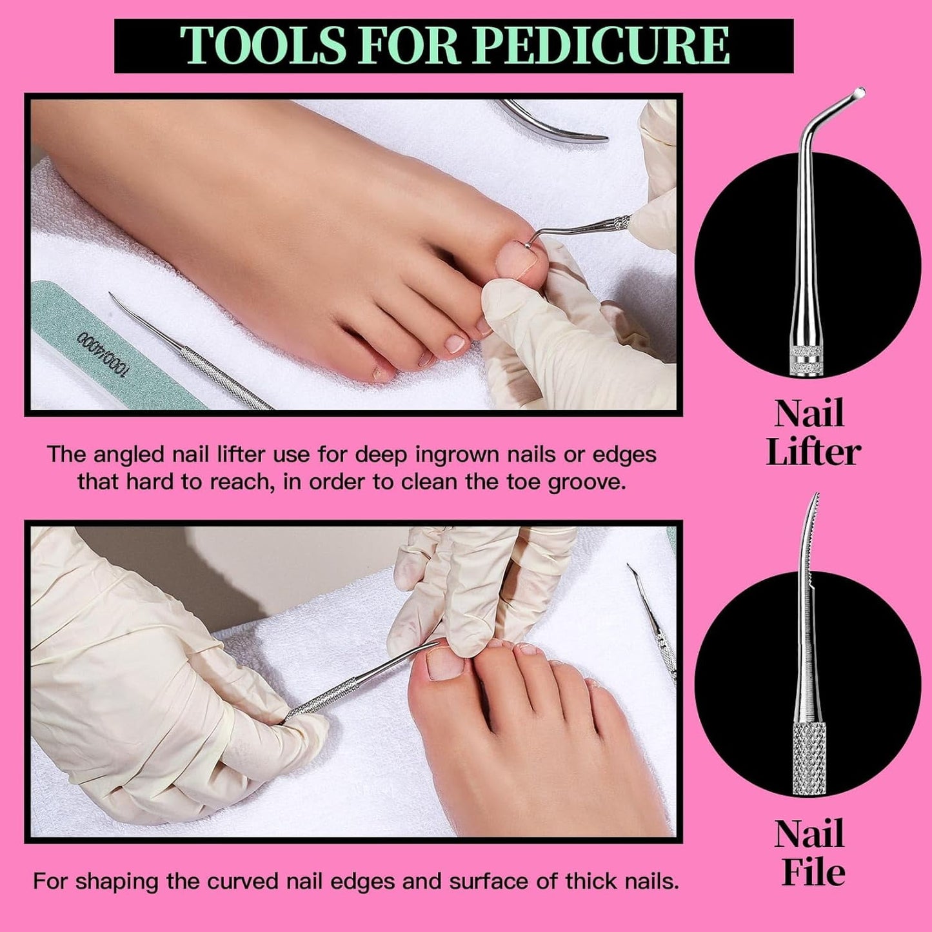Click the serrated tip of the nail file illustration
(814, 510)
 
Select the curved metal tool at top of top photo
(555, 123)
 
